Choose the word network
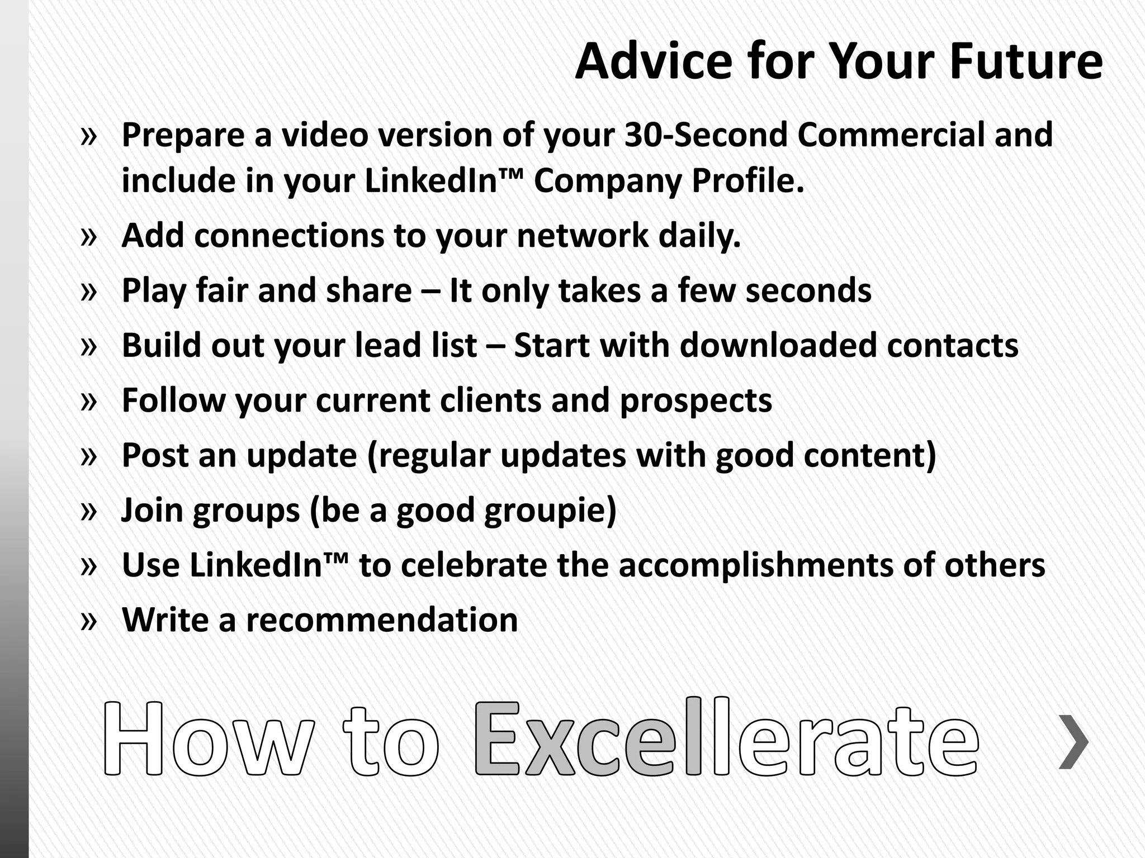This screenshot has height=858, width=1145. pyautogui.click(x=582, y=235)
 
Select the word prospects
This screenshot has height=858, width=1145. pyautogui.click(x=696, y=401)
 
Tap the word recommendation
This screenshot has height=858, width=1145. pyautogui.click(x=382, y=619)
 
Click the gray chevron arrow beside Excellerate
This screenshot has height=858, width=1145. pyautogui.click(x=1073, y=741)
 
